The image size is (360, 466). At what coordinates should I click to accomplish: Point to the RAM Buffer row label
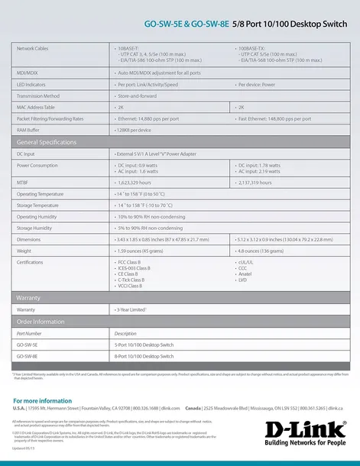click(x=30, y=130)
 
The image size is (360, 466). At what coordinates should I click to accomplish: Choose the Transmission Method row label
click(x=37, y=96)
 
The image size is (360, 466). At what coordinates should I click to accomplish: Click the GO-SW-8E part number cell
click(x=27, y=356)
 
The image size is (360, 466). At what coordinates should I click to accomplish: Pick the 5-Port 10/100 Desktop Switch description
click(x=151, y=345)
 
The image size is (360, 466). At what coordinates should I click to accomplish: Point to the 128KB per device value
click(x=135, y=130)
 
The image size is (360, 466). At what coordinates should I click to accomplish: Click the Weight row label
click(x=24, y=250)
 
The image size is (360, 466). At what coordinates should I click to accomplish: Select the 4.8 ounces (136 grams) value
click(x=261, y=250)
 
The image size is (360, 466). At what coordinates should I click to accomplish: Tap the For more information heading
click(x=43, y=400)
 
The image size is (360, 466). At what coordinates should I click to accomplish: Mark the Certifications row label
click(x=31, y=261)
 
